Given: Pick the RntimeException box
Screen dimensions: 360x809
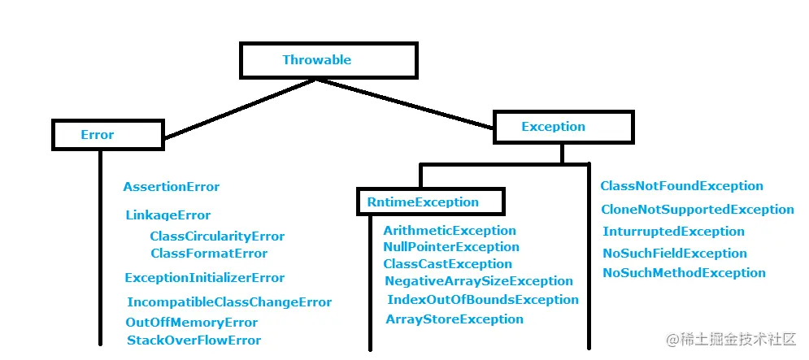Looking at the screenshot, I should point(430,202).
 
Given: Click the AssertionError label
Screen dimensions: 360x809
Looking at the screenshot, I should point(172,187).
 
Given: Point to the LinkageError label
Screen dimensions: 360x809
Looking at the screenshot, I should point(167,215).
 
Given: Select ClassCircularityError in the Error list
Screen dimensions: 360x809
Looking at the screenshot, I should point(217,236).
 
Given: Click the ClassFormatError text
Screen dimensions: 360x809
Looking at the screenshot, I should point(209,254).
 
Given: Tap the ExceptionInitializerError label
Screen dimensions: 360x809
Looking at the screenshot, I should point(205,278).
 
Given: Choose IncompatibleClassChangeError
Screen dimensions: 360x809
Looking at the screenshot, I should point(229,302).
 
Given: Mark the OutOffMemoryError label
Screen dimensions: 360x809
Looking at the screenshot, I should point(191,323).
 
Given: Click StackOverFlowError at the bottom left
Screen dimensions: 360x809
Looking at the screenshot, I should point(194,340).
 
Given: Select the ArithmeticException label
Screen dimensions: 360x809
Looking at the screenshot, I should point(450,231).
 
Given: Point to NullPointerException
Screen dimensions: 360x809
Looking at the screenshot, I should point(450,247).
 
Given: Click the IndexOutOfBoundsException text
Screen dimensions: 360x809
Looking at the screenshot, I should point(483,300).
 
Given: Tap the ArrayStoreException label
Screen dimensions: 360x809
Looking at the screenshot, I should point(455,319).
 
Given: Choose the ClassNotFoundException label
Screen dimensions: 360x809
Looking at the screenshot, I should point(681,186).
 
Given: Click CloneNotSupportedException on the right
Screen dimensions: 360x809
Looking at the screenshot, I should point(698,210).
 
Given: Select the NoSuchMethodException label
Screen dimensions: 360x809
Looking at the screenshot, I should point(684,273).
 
